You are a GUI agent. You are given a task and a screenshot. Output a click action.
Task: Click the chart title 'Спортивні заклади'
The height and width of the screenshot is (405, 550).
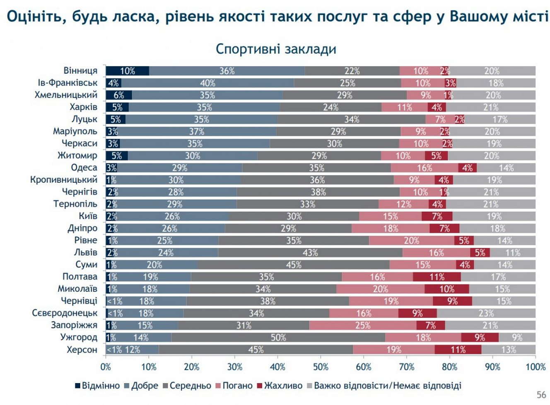click(275, 49)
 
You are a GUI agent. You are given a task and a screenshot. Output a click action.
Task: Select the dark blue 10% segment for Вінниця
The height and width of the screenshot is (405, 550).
click(127, 71)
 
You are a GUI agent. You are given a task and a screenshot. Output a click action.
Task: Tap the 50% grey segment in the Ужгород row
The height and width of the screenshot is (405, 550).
click(278, 338)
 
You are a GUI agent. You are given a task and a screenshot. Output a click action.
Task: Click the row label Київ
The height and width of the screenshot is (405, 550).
click(88, 216)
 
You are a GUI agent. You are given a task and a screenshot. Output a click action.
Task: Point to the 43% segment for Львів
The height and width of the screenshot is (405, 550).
click(310, 252)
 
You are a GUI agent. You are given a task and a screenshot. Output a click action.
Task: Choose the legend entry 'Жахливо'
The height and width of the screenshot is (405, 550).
click(280, 386)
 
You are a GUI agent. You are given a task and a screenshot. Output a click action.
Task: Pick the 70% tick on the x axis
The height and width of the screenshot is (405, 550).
click(406, 367)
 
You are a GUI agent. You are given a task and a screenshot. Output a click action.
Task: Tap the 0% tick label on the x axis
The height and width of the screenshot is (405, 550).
click(106, 367)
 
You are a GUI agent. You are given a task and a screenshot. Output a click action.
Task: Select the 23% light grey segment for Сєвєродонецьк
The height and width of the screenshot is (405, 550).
click(486, 313)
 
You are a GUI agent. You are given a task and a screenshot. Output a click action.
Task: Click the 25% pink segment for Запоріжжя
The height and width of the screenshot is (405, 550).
click(362, 326)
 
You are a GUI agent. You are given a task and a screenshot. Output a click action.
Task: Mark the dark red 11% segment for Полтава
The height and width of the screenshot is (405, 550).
click(437, 277)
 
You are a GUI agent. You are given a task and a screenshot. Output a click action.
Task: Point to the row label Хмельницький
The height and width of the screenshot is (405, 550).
click(66, 95)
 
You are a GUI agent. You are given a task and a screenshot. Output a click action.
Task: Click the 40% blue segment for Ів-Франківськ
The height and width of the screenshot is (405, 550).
click(207, 83)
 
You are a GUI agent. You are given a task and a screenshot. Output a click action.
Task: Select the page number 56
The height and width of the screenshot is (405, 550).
click(541, 394)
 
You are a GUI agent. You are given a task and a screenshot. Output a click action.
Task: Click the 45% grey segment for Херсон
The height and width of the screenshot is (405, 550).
click(256, 350)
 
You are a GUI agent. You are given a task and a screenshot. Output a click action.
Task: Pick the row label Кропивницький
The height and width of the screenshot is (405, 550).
click(63, 180)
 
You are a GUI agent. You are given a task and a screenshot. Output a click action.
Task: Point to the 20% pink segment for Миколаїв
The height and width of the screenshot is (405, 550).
click(380, 289)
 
